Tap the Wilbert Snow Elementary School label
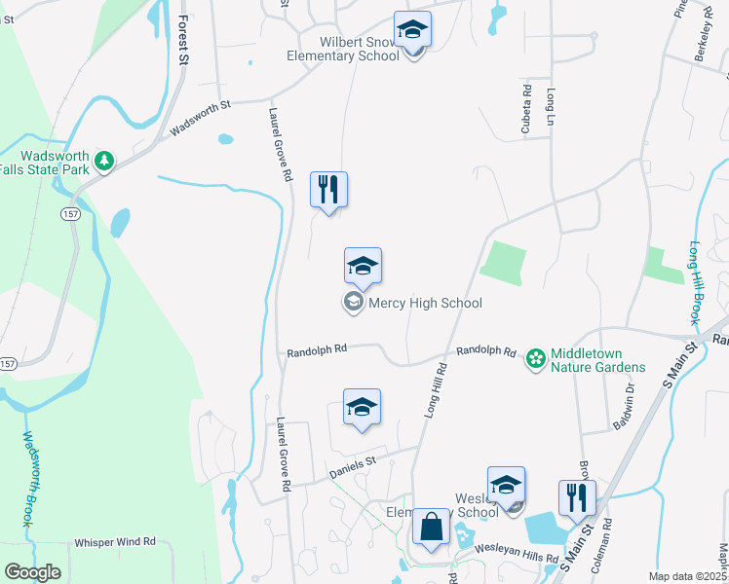coord(343,49)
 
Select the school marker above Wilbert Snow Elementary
coord(412,32)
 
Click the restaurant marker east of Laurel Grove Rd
coord(328,189)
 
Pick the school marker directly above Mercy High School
coord(363,266)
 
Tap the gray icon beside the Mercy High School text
coord(352,303)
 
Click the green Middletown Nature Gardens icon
coord(535,359)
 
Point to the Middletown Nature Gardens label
coord(598,359)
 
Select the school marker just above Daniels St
coord(362,407)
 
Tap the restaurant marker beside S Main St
coord(577,497)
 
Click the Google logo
coord(32,572)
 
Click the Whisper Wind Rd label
coord(115,541)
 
